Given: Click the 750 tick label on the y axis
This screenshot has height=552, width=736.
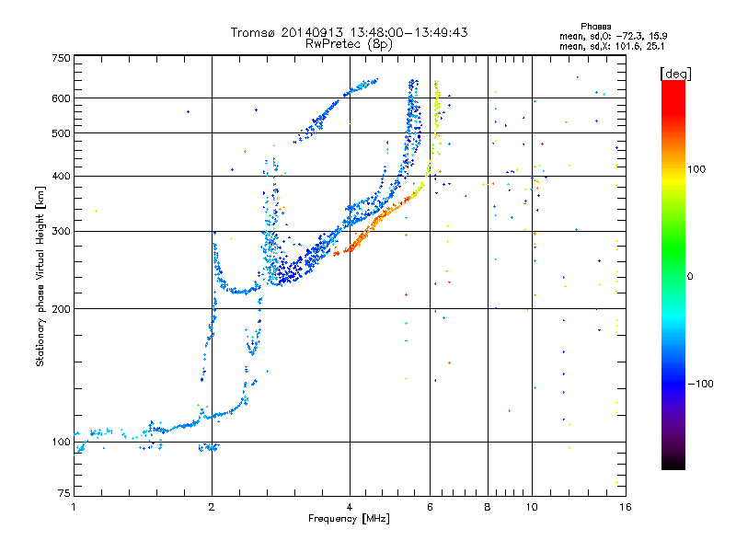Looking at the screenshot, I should [62, 58].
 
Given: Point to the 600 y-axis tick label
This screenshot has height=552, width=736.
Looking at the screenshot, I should [62, 98].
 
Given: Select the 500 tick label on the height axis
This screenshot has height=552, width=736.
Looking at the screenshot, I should [62, 133].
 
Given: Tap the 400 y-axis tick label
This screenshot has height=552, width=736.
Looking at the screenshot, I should [62, 176].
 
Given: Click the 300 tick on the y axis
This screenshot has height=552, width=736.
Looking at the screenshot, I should [62, 231].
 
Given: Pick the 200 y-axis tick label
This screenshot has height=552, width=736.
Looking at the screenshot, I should [62, 309].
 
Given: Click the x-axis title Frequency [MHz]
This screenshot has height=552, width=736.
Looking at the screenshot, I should [349, 520].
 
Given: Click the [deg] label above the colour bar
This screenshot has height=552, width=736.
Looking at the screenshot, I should [676, 73].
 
